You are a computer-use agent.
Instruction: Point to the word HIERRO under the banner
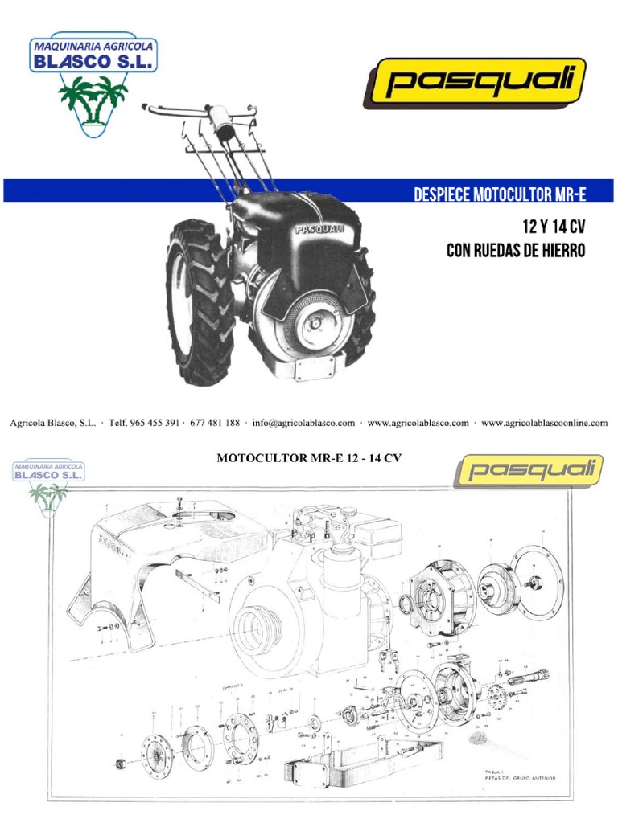[559, 251]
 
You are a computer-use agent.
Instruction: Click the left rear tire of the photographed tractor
[197, 301]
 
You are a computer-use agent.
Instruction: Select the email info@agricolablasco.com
[303, 423]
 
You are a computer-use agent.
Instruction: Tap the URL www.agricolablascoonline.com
[544, 423]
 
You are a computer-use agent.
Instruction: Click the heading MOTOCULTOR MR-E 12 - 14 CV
[309, 458]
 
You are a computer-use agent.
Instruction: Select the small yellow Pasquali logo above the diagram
[528, 470]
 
